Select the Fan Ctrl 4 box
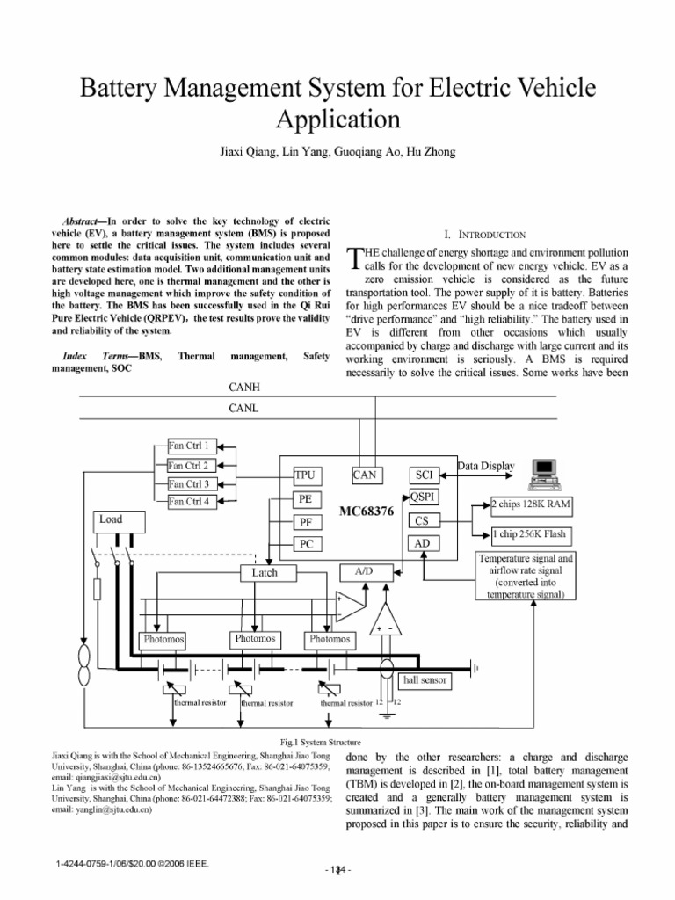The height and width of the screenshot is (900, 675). tap(188, 502)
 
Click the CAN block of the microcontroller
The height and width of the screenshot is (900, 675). tap(365, 475)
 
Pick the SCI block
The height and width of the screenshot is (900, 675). tap(422, 475)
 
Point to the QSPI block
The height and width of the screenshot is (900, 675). tap(423, 497)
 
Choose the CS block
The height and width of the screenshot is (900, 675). tap(422, 521)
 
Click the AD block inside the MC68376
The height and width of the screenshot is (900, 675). tap(422, 544)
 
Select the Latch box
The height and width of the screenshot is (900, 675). tap(265, 573)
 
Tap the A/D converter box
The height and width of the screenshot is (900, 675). tap(363, 571)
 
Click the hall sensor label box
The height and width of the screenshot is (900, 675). tap(426, 679)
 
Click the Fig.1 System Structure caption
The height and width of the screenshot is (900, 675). tap(337, 742)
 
